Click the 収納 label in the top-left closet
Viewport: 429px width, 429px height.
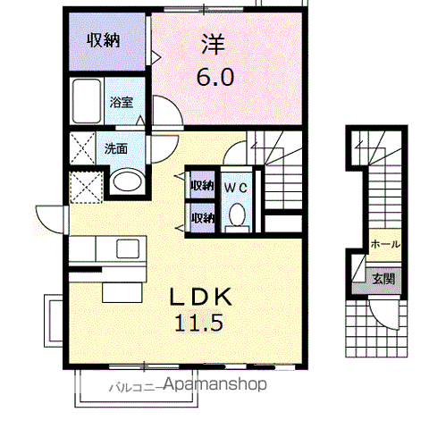[x=104, y=40]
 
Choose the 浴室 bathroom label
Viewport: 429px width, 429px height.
[x=121, y=102]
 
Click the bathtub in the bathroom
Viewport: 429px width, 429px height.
[x=88, y=104]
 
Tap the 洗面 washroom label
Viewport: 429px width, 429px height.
[x=115, y=149]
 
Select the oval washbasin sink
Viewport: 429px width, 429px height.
[x=125, y=181]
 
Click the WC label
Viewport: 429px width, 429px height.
[x=236, y=187]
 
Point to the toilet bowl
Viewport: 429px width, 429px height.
[x=237, y=214]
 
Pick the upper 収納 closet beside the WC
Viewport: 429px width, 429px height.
[x=201, y=186]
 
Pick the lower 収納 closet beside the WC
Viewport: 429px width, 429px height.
[x=201, y=217]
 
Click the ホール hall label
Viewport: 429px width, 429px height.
[x=384, y=243]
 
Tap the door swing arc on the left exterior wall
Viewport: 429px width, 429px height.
[x=49, y=218]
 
